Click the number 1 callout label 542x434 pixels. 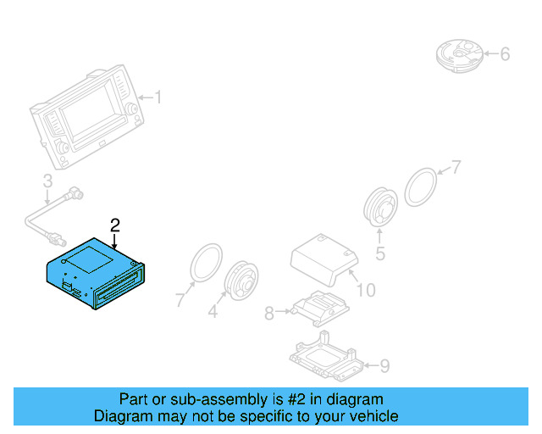[157, 98]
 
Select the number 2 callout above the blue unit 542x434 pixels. [115, 225]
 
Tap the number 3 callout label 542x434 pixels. [47, 181]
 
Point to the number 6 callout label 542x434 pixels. [505, 54]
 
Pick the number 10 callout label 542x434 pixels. [365, 292]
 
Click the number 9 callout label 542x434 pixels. [384, 366]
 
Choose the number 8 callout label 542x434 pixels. [269, 314]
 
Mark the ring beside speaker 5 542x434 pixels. [421, 186]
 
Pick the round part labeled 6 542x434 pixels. [462, 54]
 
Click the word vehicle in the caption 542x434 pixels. [371, 416]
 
